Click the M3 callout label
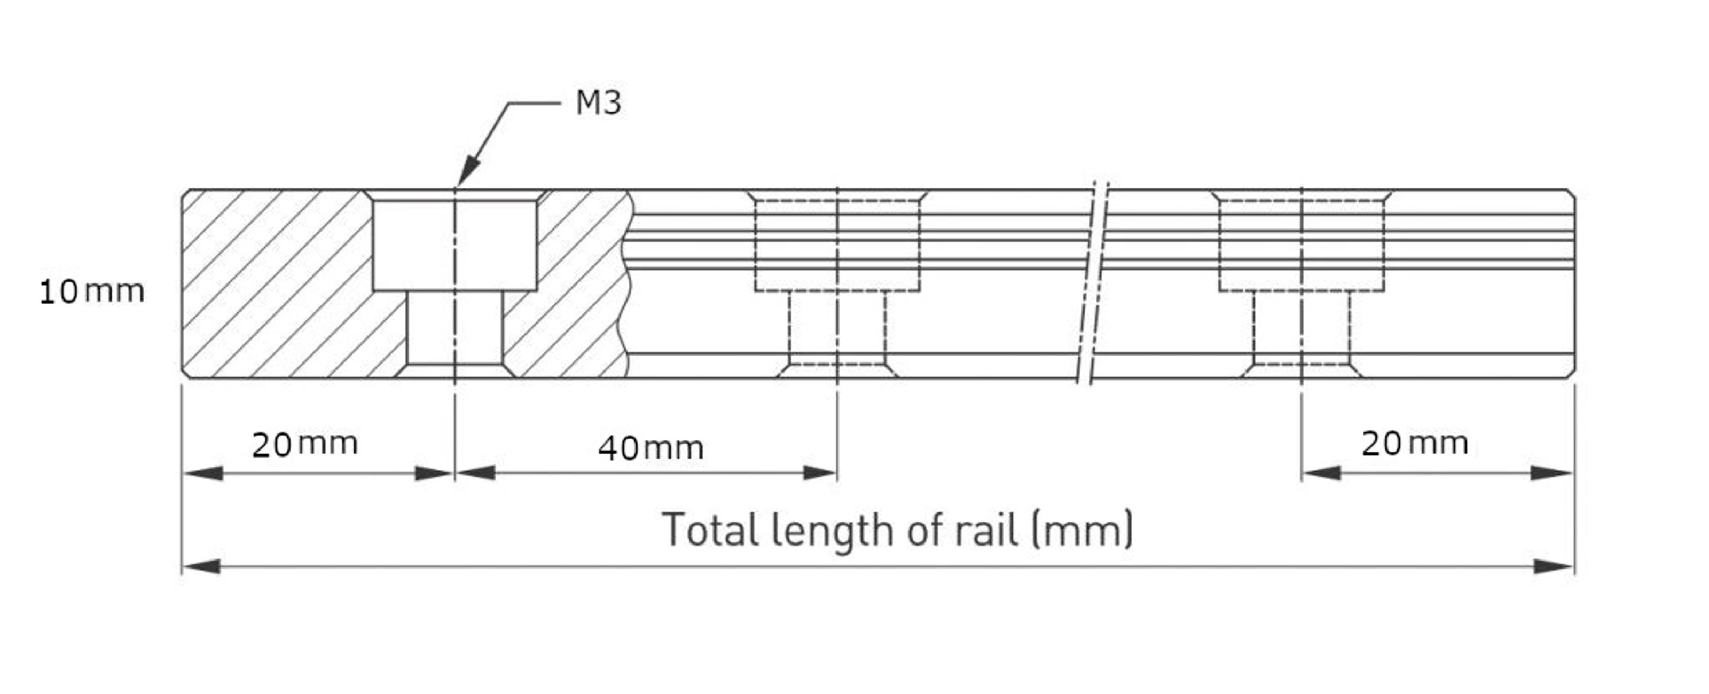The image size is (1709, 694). pos(598,103)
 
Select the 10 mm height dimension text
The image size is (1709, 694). pos(91,292)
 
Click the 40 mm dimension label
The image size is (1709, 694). pos(650,448)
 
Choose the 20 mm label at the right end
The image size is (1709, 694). pos(1414,444)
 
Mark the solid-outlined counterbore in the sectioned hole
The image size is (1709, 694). pos(454,245)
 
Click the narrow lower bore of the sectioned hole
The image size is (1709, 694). pos(454,328)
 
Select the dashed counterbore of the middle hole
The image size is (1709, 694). pos(837,245)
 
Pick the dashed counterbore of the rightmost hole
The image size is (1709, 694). pos(1301,245)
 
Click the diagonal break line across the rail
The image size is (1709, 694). pos(1093,282)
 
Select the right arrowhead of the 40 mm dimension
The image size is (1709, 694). pos(820,473)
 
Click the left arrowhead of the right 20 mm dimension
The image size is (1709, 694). pos(1320,473)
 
